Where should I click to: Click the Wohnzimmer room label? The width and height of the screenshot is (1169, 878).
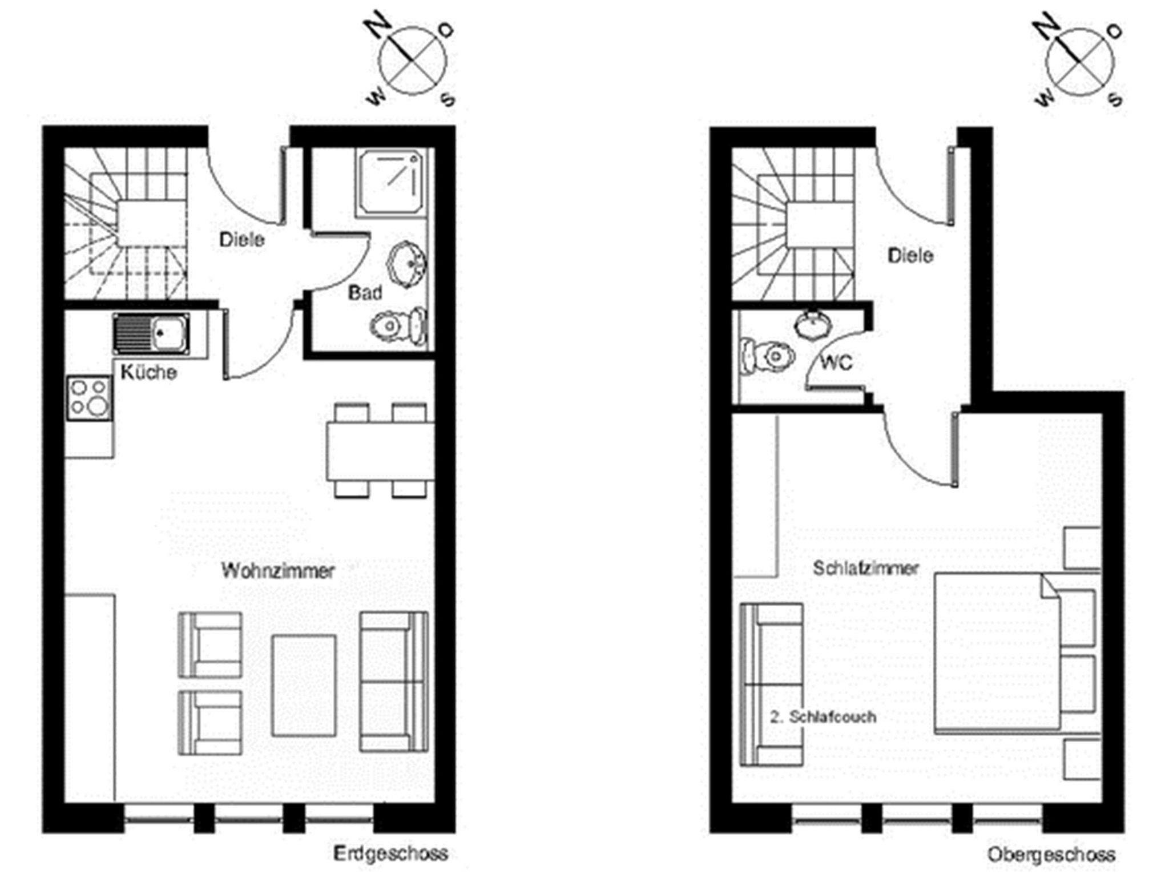click(x=278, y=570)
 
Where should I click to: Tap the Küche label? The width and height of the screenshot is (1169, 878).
click(x=148, y=372)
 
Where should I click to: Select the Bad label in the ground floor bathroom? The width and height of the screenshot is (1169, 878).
click(x=365, y=293)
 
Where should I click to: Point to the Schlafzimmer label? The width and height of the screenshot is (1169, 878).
click(x=866, y=568)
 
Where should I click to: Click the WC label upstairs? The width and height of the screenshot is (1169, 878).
click(x=836, y=362)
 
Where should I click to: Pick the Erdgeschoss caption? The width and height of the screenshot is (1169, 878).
click(x=390, y=853)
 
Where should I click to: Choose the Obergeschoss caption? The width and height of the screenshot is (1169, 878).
click(x=1051, y=855)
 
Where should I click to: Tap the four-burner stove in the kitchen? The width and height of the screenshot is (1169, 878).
click(x=89, y=398)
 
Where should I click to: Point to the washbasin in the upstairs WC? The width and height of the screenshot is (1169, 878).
click(x=813, y=323)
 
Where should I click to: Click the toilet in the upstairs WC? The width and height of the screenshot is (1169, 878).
click(x=767, y=356)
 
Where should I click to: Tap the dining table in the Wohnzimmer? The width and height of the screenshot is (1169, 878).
click(x=380, y=451)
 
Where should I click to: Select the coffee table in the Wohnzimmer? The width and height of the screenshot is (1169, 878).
click(x=304, y=686)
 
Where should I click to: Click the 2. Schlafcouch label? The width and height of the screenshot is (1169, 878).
click(x=823, y=717)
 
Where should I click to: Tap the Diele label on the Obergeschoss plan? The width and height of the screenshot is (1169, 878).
click(x=910, y=255)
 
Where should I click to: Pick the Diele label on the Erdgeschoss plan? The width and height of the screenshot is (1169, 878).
click(x=242, y=239)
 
